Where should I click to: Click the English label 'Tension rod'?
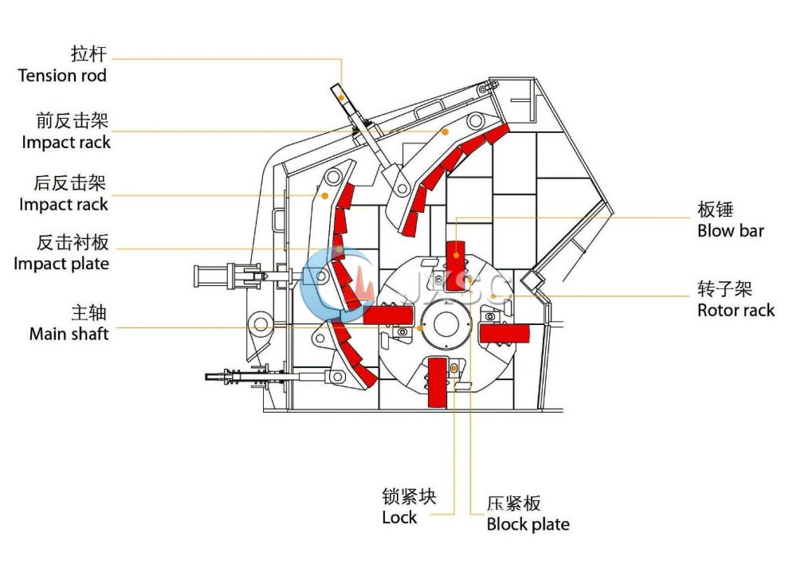pyautogui.click(x=62, y=76)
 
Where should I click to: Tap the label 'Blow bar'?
pyautogui.click(x=730, y=231)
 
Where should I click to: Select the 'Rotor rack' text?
pyautogui.click(x=736, y=310)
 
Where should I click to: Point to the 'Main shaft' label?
pyautogui.click(x=69, y=334)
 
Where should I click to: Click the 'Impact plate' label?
pyautogui.click(x=61, y=264)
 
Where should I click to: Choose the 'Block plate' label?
pyautogui.click(x=528, y=524)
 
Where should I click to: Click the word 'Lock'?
pyautogui.click(x=399, y=517)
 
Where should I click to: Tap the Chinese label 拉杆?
pyautogui.click(x=89, y=53)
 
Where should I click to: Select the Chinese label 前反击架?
pyautogui.click(x=73, y=120)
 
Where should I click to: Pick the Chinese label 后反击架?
pyautogui.click(x=70, y=183)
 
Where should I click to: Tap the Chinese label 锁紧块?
pyautogui.click(x=409, y=496)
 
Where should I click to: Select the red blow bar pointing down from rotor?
pyautogui.click(x=437, y=382)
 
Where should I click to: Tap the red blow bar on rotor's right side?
pyautogui.click(x=505, y=334)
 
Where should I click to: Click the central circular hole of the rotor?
pyautogui.click(x=446, y=324)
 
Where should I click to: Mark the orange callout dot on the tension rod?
pyautogui.click(x=342, y=98)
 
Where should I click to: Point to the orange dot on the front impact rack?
pyautogui.click(x=445, y=131)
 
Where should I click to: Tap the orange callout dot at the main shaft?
pyautogui.click(x=420, y=328)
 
